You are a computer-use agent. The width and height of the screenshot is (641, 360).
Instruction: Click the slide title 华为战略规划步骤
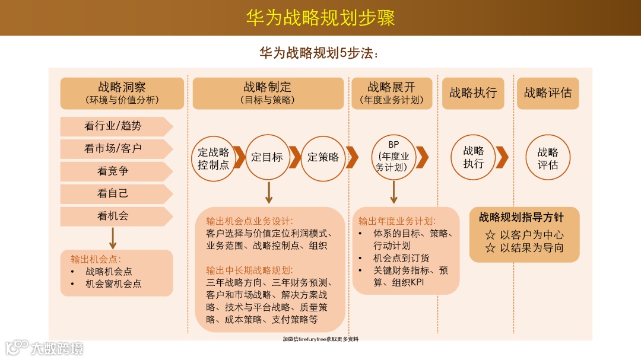click(320, 17)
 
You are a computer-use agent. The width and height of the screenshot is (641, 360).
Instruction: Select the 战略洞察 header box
click(122, 93)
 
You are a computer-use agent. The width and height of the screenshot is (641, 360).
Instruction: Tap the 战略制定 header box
click(268, 93)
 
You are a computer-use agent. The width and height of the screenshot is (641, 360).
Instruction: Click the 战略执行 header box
click(473, 93)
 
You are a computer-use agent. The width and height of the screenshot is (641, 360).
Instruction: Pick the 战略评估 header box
click(548, 93)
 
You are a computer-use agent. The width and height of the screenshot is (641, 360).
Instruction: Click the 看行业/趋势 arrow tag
click(113, 126)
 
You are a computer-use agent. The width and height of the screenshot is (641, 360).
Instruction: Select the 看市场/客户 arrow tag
click(113, 149)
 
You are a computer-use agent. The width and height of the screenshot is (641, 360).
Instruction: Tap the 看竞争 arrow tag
click(113, 171)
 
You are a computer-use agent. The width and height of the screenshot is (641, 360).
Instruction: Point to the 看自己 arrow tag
click(113, 194)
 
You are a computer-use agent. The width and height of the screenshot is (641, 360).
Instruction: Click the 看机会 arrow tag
click(113, 216)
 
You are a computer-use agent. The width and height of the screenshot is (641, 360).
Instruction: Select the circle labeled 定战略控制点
click(214, 158)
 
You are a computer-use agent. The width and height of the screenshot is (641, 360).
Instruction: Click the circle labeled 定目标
click(268, 157)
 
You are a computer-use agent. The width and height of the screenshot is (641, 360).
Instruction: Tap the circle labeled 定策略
click(323, 157)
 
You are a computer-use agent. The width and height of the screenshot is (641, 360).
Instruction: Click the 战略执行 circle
click(474, 157)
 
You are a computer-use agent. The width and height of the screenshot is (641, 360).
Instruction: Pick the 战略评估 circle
click(548, 158)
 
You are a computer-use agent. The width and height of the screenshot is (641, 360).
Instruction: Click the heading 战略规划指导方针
click(521, 218)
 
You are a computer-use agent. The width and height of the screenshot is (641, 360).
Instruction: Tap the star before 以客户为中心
click(490, 235)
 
